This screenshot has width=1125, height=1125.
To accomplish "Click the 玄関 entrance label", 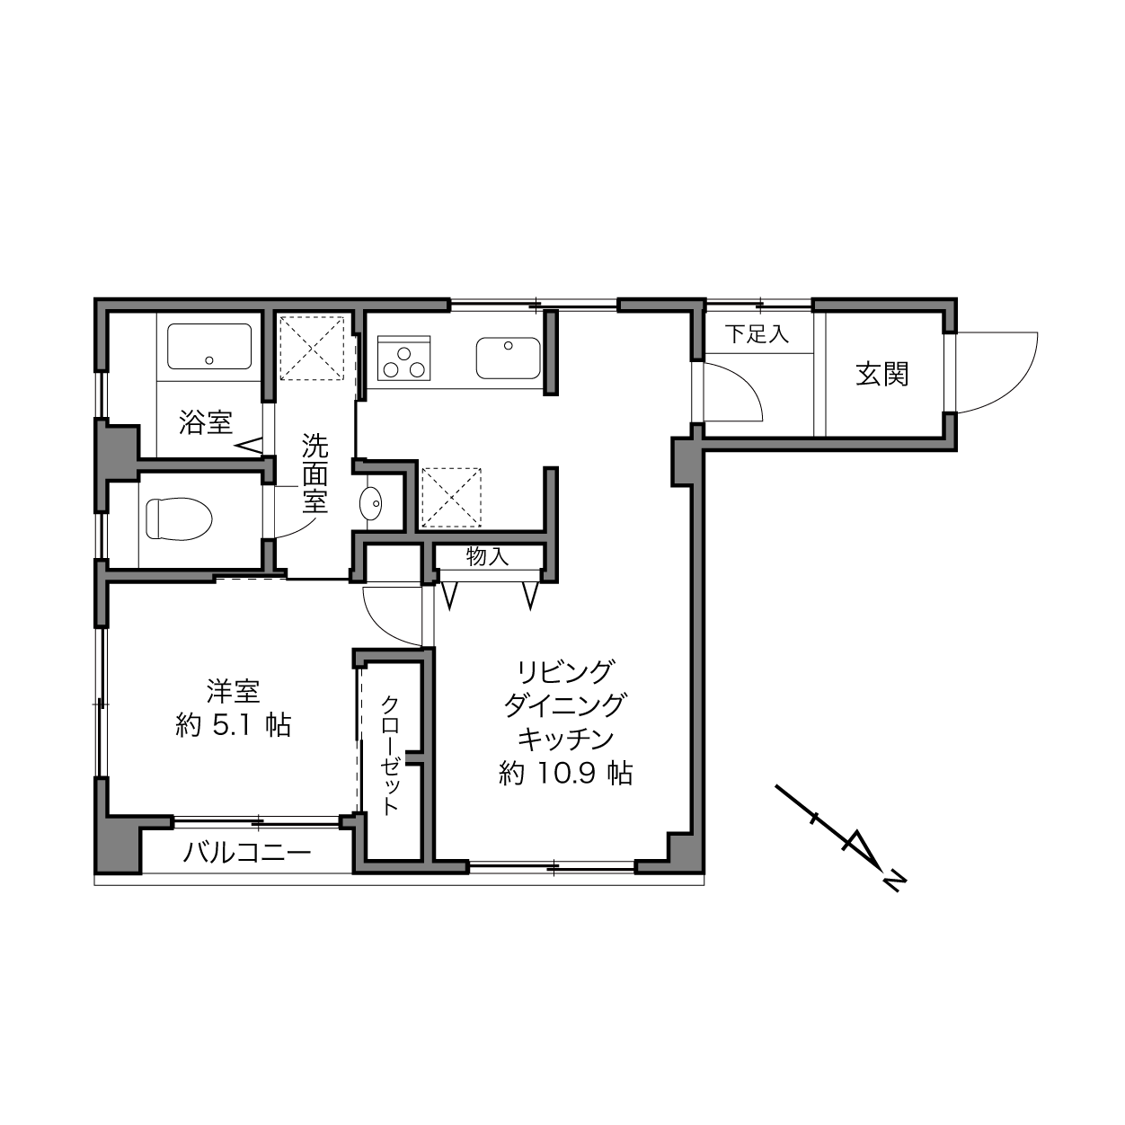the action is tap(881, 374).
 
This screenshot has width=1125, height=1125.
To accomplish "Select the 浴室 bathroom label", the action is tap(206, 421).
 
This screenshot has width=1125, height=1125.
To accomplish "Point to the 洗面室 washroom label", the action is tap(314, 474).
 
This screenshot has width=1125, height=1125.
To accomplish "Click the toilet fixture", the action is tap(179, 518).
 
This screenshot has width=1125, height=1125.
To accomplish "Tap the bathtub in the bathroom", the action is tap(209, 346).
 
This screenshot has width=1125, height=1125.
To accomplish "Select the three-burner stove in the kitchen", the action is tap(403, 357).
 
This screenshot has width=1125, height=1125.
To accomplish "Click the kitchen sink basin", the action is tap(508, 357).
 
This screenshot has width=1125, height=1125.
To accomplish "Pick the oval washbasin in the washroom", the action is tap(370, 502).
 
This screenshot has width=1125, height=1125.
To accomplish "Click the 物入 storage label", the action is tap(488, 556).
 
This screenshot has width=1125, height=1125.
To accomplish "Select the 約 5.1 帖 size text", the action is tap(233, 726).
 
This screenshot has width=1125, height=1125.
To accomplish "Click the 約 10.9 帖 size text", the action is tap(565, 774).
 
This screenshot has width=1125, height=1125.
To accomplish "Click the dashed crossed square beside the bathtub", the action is tap(313, 349).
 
